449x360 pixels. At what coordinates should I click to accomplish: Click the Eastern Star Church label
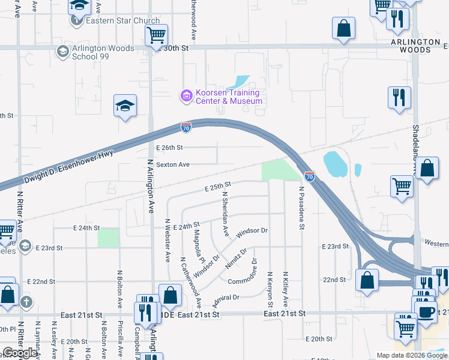[x=122, y=20]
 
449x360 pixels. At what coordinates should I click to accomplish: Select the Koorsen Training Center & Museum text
[x=228, y=97]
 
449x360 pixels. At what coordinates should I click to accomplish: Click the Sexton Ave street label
[x=173, y=164]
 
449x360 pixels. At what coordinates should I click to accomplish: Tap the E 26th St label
[x=169, y=148]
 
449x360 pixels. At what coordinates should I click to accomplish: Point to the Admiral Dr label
[x=226, y=297]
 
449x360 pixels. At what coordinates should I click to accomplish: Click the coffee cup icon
[x=426, y=312]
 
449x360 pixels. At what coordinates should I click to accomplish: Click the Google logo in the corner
[x=20, y=353]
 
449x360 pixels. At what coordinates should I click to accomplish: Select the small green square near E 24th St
[x=109, y=238]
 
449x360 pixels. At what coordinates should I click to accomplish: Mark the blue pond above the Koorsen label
[x=241, y=82]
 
